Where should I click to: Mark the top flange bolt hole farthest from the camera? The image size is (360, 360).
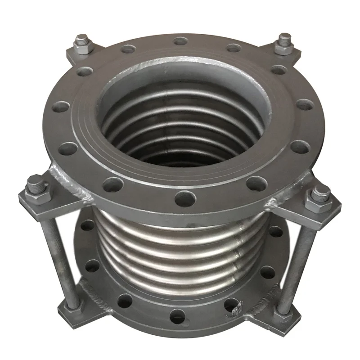click(x=180, y=41)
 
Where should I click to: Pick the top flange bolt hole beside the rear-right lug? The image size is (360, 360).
click(x=279, y=70)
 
